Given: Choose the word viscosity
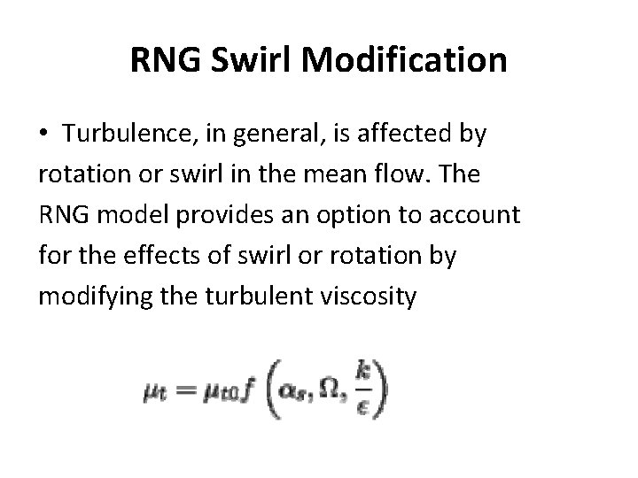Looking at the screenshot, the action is click(370, 296).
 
